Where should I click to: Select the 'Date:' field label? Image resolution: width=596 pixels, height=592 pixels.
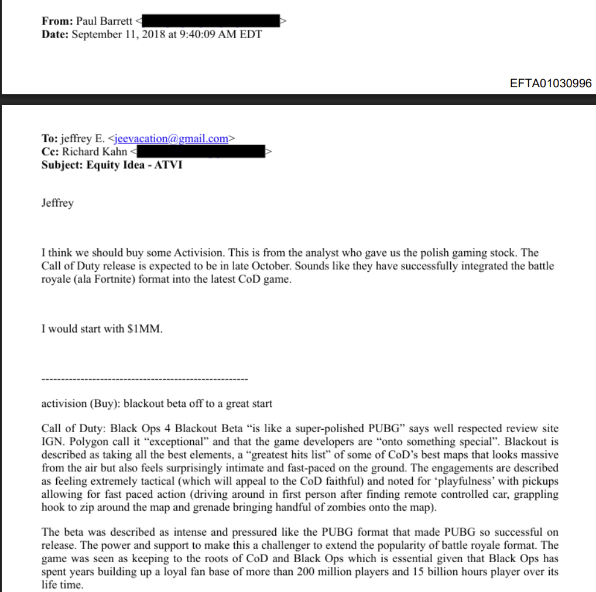click(x=55, y=34)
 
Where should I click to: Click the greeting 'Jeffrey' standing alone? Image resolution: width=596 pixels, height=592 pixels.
click(x=57, y=203)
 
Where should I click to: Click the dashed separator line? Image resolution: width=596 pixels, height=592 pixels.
click(x=145, y=380)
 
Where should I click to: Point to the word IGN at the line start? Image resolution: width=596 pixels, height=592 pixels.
click(x=51, y=442)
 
